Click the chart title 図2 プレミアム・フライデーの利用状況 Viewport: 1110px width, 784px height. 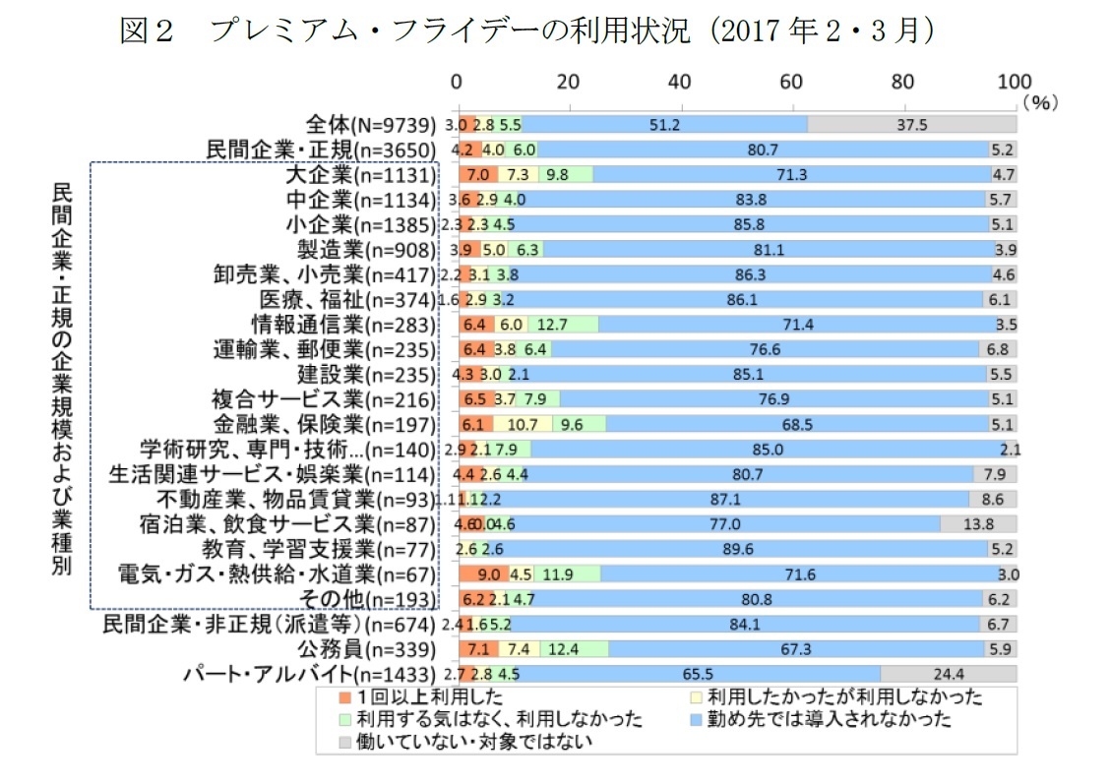click(525, 31)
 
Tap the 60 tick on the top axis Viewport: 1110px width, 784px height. click(791, 82)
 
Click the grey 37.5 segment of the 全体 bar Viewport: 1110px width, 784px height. click(911, 125)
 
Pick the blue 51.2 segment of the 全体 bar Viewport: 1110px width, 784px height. click(665, 125)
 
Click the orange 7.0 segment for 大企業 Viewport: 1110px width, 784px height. click(478, 175)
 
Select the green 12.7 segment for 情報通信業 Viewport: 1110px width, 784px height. click(563, 325)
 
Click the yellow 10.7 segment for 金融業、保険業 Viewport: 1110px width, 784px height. click(523, 425)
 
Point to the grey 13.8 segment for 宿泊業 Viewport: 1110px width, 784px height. click(978, 524)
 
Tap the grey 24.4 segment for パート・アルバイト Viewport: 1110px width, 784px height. click(949, 674)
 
